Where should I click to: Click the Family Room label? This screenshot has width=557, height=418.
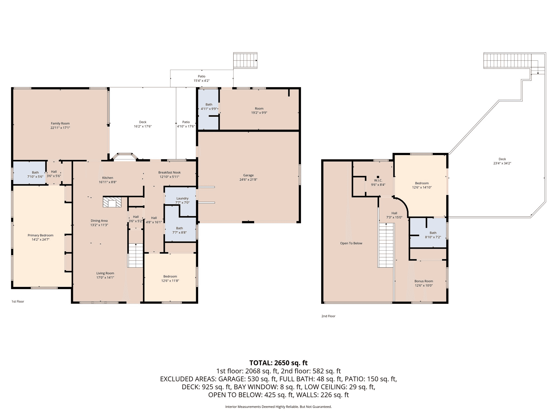coord(60,123)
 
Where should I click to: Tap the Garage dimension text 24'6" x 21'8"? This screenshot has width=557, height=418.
coord(248,180)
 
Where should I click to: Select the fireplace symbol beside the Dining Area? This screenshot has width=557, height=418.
coord(112,202)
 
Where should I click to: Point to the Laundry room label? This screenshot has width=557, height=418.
coord(182,198)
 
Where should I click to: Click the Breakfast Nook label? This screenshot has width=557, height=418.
coord(170,172)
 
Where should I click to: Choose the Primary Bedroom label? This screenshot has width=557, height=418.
coord(41,235)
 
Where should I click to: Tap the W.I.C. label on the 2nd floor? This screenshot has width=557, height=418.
coord(378,181)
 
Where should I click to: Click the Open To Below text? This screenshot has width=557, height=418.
coord(351,243)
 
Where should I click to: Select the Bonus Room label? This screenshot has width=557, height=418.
coord(424,281)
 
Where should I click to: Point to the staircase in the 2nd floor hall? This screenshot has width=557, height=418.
coord(386,245)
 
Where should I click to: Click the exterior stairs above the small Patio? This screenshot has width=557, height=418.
coord(245,60)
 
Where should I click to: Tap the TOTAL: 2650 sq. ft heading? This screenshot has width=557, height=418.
coord(278,363)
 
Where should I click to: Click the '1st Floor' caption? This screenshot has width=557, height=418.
coord(18,302)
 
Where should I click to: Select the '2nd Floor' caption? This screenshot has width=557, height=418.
coord(328,316)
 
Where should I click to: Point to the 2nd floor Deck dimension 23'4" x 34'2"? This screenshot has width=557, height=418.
coord(502,163)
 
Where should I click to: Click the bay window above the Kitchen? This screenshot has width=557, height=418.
coord(124,157)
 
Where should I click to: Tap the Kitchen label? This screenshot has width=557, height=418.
coord(108,178)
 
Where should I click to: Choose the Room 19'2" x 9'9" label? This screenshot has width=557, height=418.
coord(259,111)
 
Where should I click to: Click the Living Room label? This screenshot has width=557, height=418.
coord(105,273)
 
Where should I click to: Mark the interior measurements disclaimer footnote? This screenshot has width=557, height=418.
coord(278,407)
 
